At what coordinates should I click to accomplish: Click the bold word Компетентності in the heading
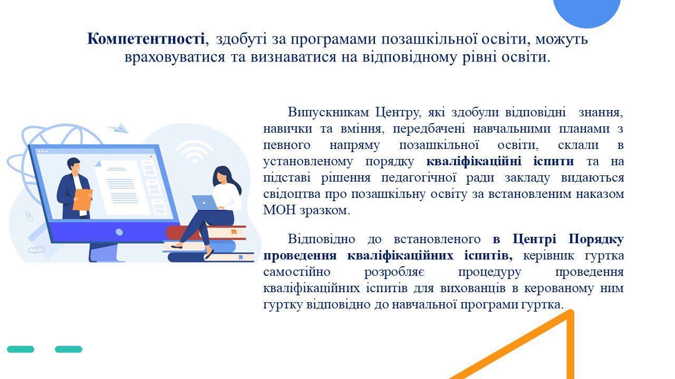146,39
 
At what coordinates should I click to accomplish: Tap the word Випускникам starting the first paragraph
328,112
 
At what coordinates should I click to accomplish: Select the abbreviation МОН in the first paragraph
279,210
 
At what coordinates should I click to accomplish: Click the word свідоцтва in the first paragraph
292,194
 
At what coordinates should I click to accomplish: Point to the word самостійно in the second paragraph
296,272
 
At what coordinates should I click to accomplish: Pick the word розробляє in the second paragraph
394,273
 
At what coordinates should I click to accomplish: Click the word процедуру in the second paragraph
490,273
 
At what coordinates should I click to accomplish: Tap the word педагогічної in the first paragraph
419,178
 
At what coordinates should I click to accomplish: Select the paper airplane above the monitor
118,128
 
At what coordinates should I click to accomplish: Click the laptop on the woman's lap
206,203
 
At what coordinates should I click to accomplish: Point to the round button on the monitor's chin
119,232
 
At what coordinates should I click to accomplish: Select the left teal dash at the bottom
21,349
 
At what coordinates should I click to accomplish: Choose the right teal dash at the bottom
69,349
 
